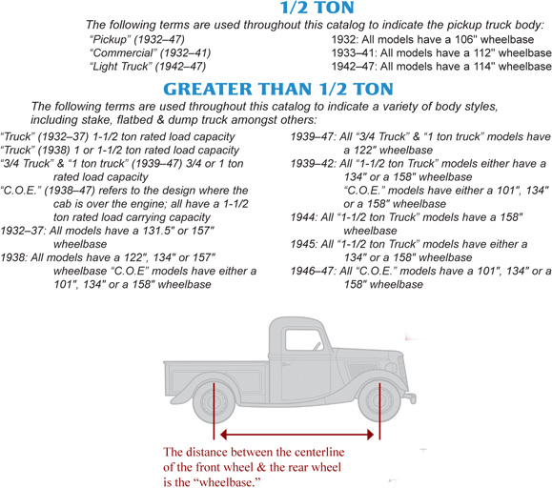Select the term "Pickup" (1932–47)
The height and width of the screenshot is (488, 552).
(111, 39)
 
